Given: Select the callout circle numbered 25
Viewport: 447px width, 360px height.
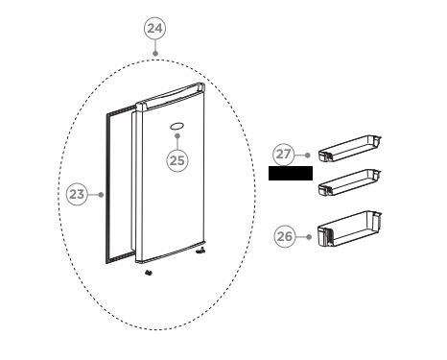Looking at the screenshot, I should coord(177,160).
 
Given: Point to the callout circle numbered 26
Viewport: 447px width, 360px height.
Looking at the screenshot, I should coord(285,235).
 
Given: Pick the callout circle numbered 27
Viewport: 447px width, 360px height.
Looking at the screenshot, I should coord(283,154).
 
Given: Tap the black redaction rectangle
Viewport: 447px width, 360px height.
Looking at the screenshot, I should coord(292,174).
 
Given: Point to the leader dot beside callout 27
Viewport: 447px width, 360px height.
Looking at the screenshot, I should coord(306,154).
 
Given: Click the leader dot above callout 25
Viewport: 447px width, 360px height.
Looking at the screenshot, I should coord(177,137).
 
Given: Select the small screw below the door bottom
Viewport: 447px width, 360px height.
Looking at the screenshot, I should coord(148,274).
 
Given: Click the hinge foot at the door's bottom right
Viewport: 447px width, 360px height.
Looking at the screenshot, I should coord(201,253).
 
